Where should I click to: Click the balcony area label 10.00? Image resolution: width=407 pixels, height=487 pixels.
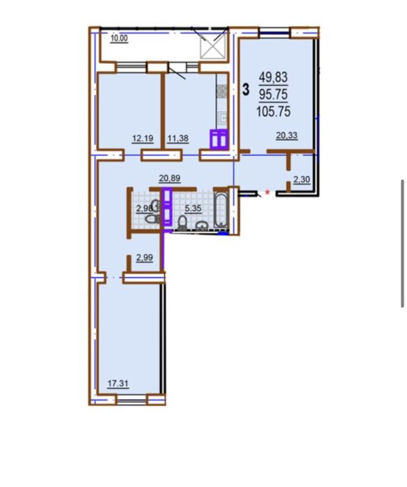119,38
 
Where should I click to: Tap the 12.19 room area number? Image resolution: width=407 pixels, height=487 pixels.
142,138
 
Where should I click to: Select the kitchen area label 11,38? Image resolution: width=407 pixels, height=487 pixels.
178,138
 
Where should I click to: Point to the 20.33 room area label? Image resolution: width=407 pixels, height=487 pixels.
287,135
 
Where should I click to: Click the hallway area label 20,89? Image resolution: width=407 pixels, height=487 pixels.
170,178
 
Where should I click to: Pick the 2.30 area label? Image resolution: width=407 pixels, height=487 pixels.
302,180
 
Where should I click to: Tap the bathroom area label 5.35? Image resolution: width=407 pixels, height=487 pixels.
193,208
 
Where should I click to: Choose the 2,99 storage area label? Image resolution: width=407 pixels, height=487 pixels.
145,258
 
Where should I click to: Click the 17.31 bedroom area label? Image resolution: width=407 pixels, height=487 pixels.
118,384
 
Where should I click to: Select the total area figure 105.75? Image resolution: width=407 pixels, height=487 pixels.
273,111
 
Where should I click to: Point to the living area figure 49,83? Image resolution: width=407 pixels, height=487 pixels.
274,77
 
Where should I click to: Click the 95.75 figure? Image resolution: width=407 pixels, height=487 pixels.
274,94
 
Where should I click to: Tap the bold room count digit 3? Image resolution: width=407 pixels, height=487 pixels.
246,89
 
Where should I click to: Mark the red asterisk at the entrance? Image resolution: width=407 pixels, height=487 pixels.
267,193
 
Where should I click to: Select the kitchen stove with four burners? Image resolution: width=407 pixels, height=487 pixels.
222,91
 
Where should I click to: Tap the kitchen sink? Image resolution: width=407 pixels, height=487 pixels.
223,118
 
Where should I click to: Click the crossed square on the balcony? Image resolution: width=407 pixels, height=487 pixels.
212,46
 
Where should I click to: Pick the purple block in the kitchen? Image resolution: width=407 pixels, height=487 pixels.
219,139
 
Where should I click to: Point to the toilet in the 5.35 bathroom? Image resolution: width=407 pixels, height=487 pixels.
182,222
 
